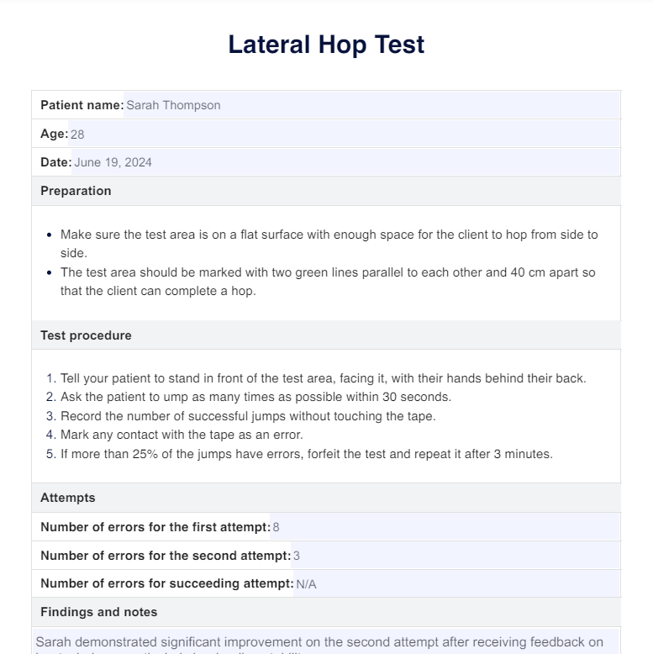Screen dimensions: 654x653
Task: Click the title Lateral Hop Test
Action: pos(326,45)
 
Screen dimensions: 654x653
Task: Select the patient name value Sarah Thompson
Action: pos(173,105)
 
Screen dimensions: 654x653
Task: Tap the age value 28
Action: pos(77,134)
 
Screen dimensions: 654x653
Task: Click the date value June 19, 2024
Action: pos(113,162)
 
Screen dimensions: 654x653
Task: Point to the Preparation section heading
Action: pos(76,191)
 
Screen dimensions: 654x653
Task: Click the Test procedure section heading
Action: pos(86,335)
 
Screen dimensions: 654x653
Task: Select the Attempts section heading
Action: pos(68,498)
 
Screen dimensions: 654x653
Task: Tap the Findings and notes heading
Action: pos(99,612)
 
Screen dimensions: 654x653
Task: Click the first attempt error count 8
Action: pos(276,527)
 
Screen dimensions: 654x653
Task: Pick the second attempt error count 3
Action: pos(297,556)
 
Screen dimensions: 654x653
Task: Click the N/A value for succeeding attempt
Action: pos(306,584)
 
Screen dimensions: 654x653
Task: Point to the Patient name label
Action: pos(82,105)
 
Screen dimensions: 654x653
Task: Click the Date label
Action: pos(55,162)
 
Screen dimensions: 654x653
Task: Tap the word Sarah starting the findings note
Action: pos(54,642)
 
